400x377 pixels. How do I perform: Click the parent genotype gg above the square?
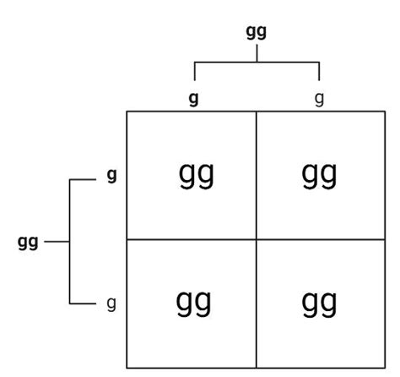256,32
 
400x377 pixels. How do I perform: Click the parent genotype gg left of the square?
28,243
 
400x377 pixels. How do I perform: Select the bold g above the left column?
193,99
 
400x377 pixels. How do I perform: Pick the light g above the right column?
319,99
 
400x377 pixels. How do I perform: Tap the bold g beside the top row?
111,176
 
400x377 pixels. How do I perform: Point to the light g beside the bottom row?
111,304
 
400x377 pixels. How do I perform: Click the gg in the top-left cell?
197,175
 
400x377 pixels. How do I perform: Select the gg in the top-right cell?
319,175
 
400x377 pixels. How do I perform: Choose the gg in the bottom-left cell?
193,303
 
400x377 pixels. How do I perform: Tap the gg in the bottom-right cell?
319,303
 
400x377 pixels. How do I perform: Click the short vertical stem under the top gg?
257,53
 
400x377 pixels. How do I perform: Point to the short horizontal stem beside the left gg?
57,242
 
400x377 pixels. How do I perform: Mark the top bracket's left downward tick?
195,71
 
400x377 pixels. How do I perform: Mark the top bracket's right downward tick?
319,71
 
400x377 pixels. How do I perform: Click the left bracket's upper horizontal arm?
83,179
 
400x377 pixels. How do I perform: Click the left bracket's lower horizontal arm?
83,303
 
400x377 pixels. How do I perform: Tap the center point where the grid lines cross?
257,240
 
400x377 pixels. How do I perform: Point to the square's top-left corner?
127,112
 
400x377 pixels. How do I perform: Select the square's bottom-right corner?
385,368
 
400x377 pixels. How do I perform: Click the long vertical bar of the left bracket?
69,242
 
